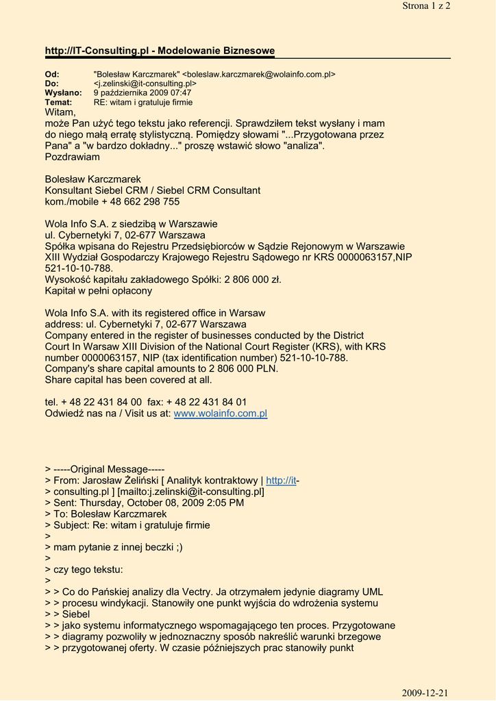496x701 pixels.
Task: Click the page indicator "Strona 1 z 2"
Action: (x=426, y=6)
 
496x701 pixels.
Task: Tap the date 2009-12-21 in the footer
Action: (x=425, y=693)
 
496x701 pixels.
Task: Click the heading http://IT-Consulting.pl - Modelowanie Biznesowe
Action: (x=160, y=51)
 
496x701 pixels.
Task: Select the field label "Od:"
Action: (x=52, y=74)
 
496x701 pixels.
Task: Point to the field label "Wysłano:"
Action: (x=63, y=92)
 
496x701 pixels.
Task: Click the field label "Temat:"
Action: (x=58, y=102)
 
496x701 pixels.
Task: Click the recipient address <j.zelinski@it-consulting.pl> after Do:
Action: (x=145, y=84)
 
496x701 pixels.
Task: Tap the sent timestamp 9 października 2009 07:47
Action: (x=142, y=92)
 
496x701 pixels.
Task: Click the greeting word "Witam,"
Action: (x=60, y=112)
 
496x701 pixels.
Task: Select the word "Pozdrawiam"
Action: (x=72, y=157)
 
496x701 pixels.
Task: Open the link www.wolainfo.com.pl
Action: (x=220, y=413)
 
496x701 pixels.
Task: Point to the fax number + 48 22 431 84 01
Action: (x=206, y=402)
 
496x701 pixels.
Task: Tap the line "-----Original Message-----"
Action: (x=108, y=469)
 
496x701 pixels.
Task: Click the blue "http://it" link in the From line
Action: (x=281, y=481)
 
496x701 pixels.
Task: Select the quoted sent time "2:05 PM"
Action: (x=224, y=502)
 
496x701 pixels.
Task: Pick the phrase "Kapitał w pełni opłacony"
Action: (x=99, y=290)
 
